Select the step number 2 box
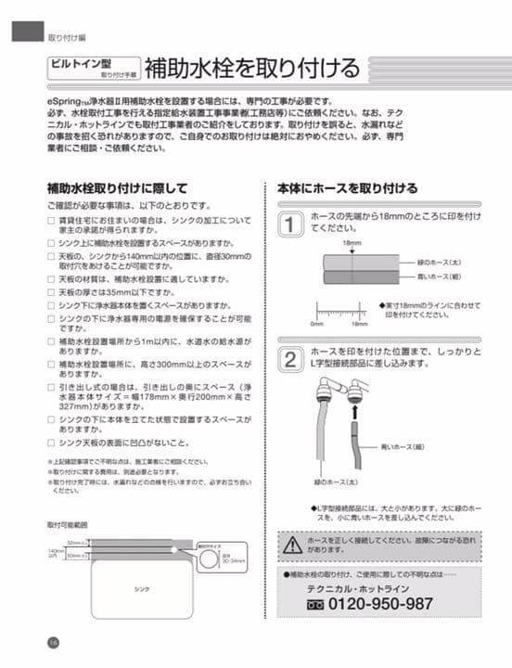(290, 358)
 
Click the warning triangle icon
(293, 544)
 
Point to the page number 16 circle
(54, 643)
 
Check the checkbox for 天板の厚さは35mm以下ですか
(52, 290)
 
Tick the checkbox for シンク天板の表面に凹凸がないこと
(52, 442)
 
